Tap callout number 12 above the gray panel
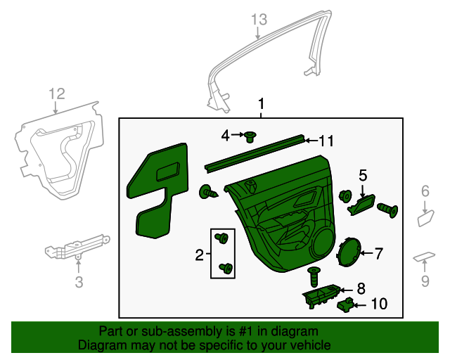(56, 94)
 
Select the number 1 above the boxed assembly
(261, 105)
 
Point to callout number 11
(325, 141)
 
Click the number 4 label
(226, 134)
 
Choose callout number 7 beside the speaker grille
(378, 253)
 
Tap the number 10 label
(378, 304)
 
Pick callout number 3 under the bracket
(79, 283)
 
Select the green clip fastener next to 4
(250, 135)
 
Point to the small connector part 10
(346, 304)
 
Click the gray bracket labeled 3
(75, 247)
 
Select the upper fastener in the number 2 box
(224, 238)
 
